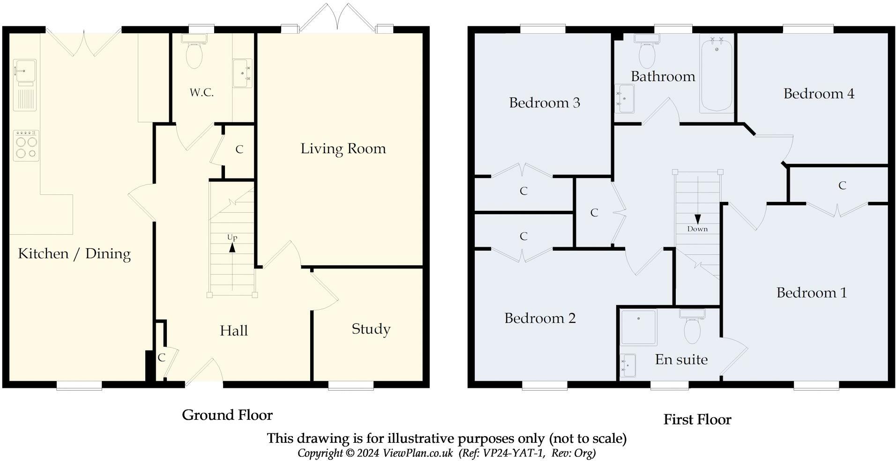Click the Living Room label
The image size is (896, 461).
343,149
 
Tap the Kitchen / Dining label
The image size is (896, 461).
74,253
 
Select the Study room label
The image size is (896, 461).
371,329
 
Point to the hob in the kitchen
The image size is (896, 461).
26,146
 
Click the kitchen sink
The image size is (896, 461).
24,85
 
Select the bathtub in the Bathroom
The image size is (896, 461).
717,73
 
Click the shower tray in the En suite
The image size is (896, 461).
639,327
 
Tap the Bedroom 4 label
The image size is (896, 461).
819,94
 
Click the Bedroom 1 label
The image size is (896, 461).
812,293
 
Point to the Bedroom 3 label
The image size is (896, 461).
545,103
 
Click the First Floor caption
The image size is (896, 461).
697,419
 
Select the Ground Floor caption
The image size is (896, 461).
227,415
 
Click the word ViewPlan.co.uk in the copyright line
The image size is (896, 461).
418,453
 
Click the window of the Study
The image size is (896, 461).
351,385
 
